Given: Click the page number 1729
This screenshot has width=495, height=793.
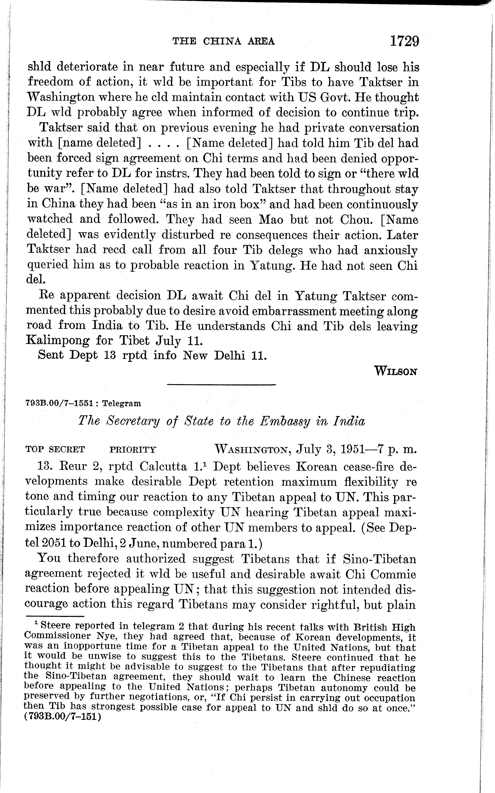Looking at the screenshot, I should pos(404,42).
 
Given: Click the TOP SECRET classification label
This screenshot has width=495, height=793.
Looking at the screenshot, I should pos(55,450).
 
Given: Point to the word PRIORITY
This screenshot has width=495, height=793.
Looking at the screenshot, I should pos(133,450).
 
